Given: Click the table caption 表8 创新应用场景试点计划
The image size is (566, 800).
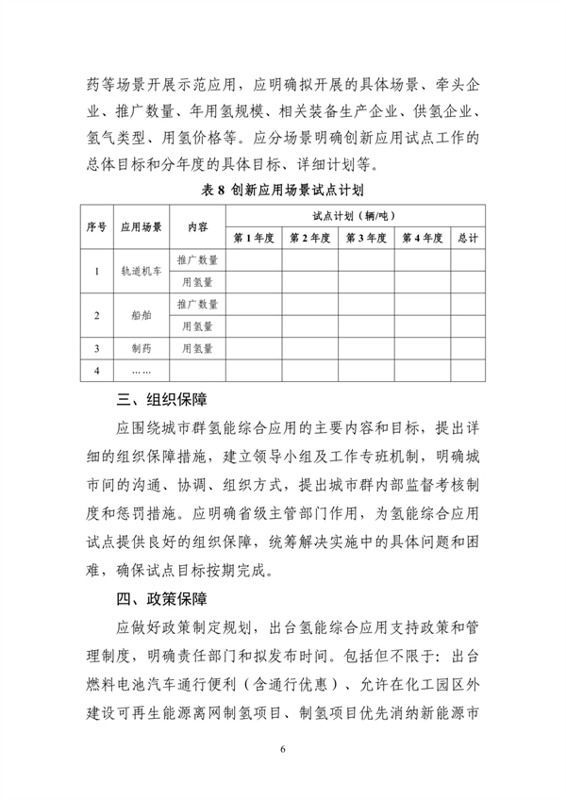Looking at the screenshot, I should tap(282, 189).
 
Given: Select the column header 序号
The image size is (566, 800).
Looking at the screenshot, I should tap(97, 227).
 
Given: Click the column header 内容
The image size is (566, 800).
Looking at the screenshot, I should tap(197, 227).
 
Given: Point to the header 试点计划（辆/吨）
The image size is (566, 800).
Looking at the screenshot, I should tap(357, 216).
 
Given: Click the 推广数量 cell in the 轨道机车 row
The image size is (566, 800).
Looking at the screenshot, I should tap(197, 259).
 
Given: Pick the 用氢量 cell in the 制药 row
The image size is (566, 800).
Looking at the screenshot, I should tap(197, 348).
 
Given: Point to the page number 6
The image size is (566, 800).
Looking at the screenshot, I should tap(282, 748).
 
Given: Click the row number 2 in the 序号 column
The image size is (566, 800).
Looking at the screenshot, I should tap(97, 315).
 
